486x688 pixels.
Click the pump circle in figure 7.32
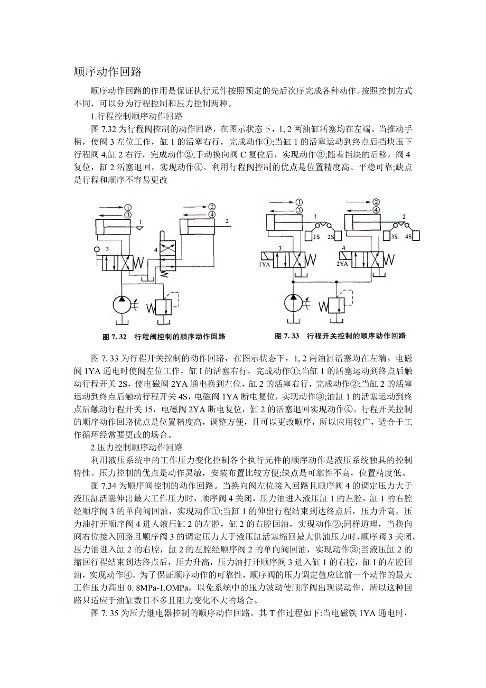click(121, 306)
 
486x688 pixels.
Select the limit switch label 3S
click(394, 237)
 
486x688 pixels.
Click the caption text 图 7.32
click(116, 336)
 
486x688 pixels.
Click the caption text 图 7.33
click(287, 336)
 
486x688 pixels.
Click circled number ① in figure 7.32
click(128, 208)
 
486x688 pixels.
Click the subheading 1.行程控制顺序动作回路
click(137, 116)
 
